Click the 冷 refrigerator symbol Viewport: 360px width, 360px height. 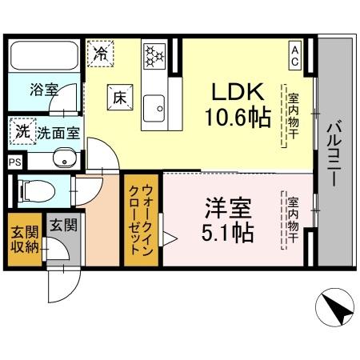(x=101, y=54)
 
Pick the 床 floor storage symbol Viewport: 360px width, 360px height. (x=118, y=96)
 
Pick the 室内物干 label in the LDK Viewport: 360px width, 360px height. (x=293, y=117)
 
